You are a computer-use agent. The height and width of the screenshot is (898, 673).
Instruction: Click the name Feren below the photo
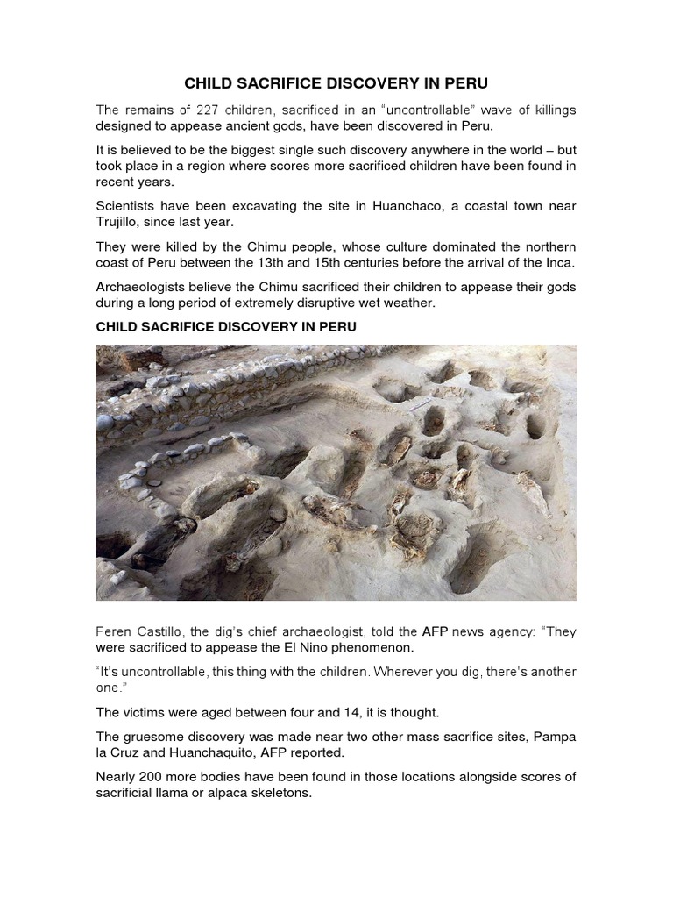[x=115, y=631]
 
